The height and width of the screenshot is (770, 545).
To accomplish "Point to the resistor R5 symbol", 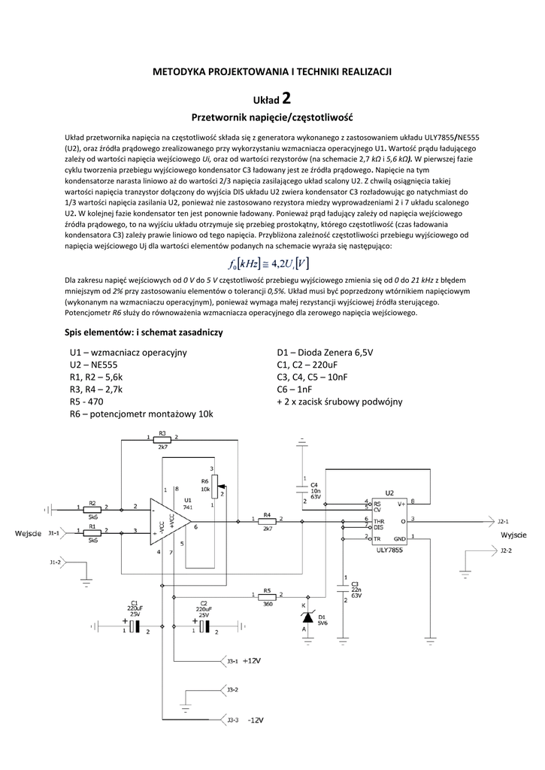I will click(267, 596).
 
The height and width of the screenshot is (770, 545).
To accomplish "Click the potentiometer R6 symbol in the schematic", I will click(219, 490).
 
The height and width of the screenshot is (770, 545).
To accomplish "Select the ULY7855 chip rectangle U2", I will click(389, 520).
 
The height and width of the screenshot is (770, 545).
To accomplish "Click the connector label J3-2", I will click(232, 689).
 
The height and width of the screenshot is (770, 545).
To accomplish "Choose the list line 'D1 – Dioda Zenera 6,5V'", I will click(325, 352).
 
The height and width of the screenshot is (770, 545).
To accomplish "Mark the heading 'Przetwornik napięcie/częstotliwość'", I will click(272, 118).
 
